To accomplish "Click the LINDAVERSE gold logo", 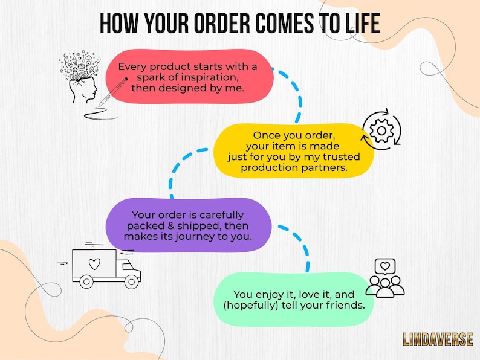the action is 438,339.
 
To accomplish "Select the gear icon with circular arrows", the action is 381,130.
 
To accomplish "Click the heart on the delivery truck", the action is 94,263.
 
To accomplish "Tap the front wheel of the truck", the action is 132,281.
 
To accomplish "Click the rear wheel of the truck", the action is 86,281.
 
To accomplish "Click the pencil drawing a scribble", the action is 112,91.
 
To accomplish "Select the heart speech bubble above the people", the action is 385,267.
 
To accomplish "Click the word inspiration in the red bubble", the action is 209,77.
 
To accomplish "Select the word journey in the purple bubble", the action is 195,237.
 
